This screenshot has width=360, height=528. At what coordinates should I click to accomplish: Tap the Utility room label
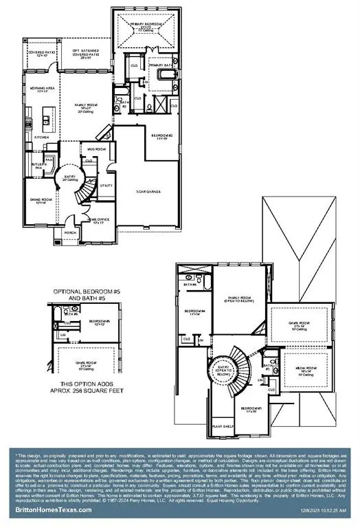point(106,185)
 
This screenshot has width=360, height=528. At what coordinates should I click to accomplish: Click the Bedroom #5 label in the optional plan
point(100,322)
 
